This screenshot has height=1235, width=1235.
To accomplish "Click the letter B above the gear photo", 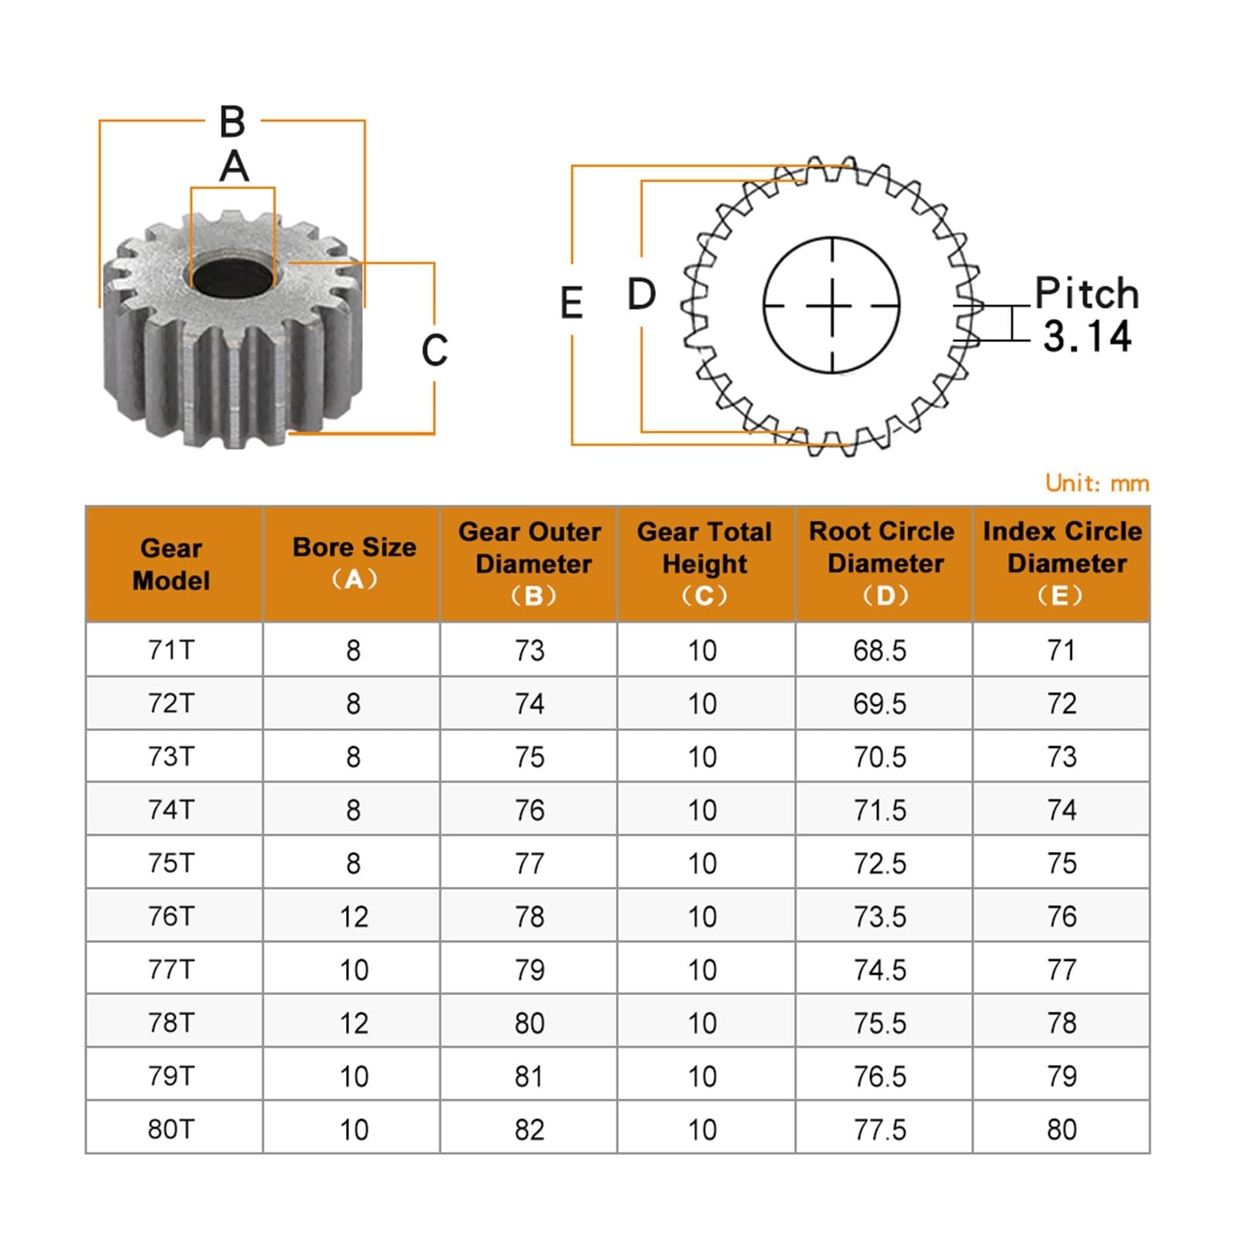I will (232, 122).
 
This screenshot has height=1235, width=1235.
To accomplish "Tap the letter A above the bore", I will (234, 167).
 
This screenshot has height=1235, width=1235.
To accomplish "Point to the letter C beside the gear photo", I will (434, 350).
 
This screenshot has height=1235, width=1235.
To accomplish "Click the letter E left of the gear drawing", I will (571, 303).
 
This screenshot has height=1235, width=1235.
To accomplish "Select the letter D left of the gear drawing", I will (641, 295).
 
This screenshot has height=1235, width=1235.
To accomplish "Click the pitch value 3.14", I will (1087, 337).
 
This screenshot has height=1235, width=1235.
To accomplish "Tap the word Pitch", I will (1087, 293).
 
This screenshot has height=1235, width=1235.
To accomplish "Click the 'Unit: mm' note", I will (1097, 483).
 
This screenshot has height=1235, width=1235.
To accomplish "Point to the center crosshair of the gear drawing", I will (832, 306).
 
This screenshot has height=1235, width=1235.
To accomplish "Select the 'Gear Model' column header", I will (171, 564).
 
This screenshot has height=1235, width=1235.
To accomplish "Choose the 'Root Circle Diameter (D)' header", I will (884, 563).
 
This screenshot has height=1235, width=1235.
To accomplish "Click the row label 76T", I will (171, 916).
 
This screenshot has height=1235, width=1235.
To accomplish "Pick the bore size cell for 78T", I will (354, 1023).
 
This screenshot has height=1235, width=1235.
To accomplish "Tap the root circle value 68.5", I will (879, 651).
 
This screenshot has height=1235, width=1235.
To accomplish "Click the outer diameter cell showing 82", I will (530, 1129).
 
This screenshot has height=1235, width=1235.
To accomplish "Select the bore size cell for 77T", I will (354, 969).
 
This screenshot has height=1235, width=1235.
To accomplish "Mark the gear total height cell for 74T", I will (702, 810).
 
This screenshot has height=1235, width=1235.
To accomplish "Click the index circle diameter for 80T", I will (1061, 1129).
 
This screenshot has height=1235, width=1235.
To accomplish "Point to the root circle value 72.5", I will (879, 864).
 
